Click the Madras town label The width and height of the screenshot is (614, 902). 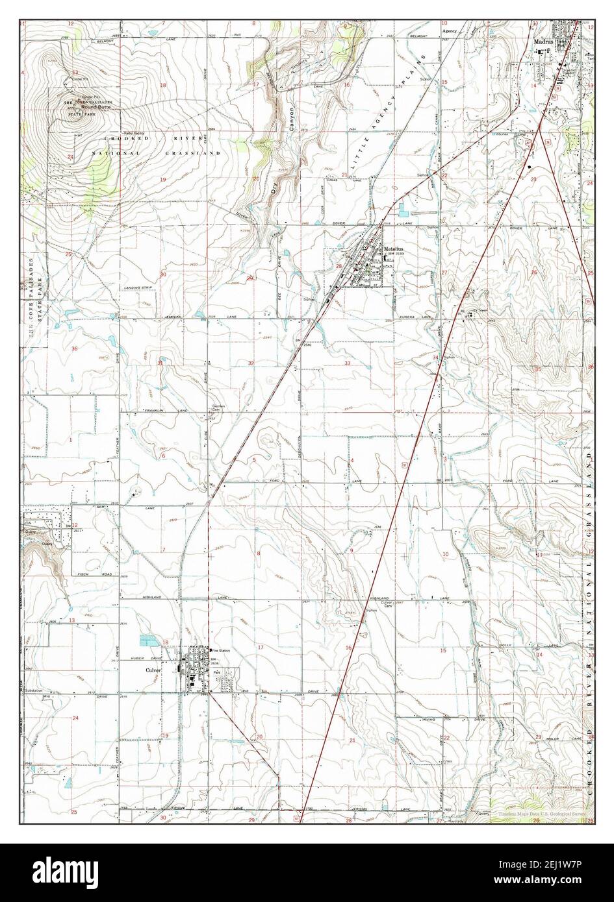tap(541, 39)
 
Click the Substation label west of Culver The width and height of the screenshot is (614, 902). tap(34, 690)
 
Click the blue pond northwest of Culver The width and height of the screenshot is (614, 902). tap(148, 640)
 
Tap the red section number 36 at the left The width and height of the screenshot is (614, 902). tap(75, 349)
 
